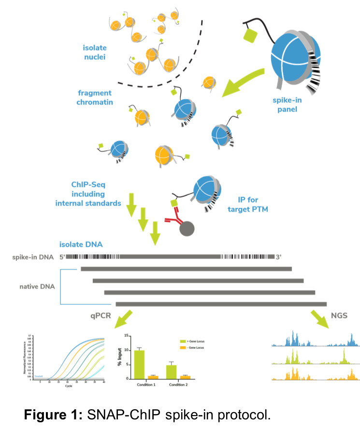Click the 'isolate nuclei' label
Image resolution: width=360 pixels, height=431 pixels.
coord(95,53)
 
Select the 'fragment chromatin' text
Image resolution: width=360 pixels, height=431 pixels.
coord(94,97)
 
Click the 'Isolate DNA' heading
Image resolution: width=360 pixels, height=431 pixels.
coord(81,245)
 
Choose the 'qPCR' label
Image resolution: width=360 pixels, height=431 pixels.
coord(101,316)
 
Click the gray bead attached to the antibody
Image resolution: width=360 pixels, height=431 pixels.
coord(187,228)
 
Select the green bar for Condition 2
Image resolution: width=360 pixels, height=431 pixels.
coord(172,371)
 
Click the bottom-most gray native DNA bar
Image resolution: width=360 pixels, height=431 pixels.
coord(221,304)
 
